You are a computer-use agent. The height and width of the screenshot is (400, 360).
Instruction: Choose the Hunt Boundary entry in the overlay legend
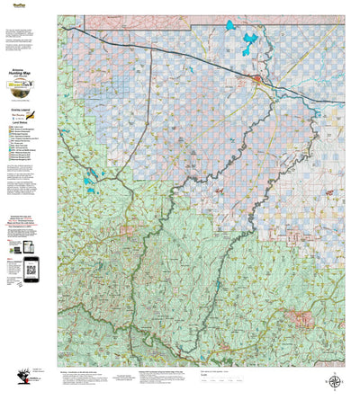pyautogui.click(x=22, y=111)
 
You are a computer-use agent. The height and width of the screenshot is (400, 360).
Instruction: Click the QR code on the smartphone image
pyautogui.click(x=30, y=267)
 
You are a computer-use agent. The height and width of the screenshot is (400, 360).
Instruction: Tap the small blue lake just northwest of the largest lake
pyautogui.click(x=229, y=24)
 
